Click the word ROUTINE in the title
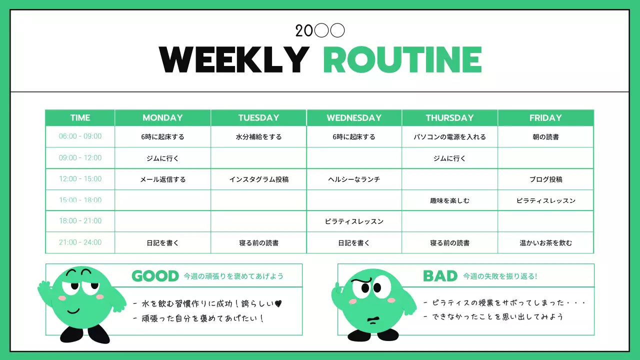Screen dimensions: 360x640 point(402,60)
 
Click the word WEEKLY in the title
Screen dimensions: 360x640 point(233,60)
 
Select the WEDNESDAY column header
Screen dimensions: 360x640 point(354,118)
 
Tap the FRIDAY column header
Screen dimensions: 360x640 point(545,118)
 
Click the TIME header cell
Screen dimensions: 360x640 point(80,118)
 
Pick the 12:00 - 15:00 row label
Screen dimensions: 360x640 point(80,179)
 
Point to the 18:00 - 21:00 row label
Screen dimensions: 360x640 point(80,221)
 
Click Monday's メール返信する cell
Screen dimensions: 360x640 point(162,179)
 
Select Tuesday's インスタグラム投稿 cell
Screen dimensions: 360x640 point(258,179)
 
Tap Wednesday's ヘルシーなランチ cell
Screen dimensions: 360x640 point(354,179)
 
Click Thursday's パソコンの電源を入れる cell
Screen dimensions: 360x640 point(449,137)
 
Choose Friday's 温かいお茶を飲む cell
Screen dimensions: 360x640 point(545,243)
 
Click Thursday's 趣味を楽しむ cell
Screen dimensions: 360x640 point(449,201)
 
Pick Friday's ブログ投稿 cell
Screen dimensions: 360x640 point(545,179)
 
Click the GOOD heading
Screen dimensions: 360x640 point(155,276)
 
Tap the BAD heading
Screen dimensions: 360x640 point(440,276)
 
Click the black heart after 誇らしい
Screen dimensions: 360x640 point(278,303)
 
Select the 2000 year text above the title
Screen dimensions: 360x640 point(320,31)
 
